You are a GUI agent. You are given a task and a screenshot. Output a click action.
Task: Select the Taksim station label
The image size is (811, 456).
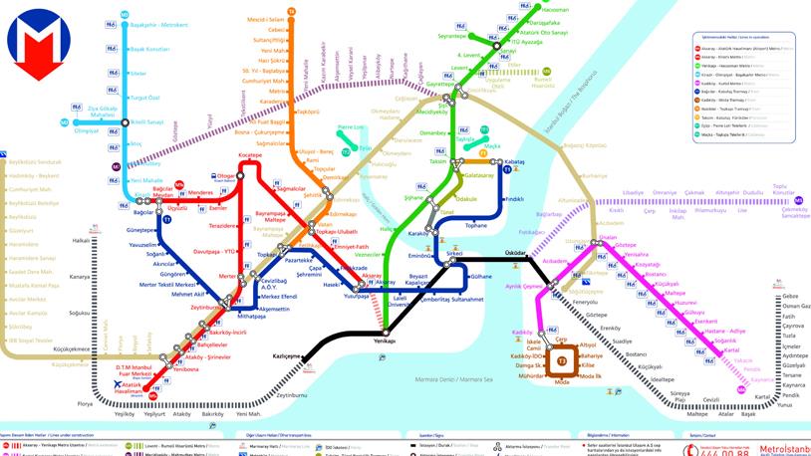436,160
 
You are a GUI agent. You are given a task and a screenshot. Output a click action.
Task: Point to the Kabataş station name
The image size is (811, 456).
513,161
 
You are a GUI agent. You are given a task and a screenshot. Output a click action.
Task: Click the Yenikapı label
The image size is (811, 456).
385,341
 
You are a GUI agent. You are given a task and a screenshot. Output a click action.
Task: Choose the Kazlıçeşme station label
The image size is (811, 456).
287,355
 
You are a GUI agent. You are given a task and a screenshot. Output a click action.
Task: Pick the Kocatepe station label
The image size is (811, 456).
250,155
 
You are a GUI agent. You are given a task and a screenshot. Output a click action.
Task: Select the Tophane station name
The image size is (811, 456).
477,226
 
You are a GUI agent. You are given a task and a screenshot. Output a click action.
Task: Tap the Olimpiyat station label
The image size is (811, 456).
87,130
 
